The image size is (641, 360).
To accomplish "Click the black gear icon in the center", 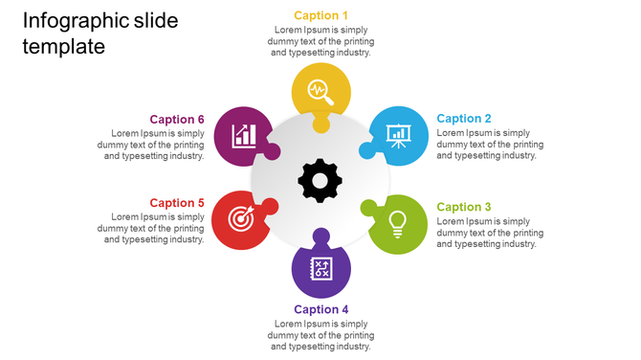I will pos(320,179).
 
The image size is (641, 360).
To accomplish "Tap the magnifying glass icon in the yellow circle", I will pos(320,92).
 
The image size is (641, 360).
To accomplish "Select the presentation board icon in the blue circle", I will pos(397,135).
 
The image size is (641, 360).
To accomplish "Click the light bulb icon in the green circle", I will pos(397,223).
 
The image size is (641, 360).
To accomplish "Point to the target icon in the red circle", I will pos(243,223).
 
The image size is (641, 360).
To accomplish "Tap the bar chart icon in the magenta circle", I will pos(243,135).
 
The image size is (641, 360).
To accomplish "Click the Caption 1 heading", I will pos(320,15).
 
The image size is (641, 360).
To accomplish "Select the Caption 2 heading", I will pos(464,119).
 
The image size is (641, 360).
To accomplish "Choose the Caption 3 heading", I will pos(464,207).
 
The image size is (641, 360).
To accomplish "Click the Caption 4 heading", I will pos(320,309).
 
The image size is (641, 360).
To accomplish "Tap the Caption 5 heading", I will pos(177,203).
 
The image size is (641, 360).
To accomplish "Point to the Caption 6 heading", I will pos(177,120).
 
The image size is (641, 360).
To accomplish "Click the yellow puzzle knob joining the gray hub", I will pos(320,124).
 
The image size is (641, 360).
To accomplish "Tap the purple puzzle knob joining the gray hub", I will pos(320,235).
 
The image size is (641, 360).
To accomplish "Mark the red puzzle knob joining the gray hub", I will pos(271,206).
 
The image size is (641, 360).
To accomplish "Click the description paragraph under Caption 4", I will pos(320,335).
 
